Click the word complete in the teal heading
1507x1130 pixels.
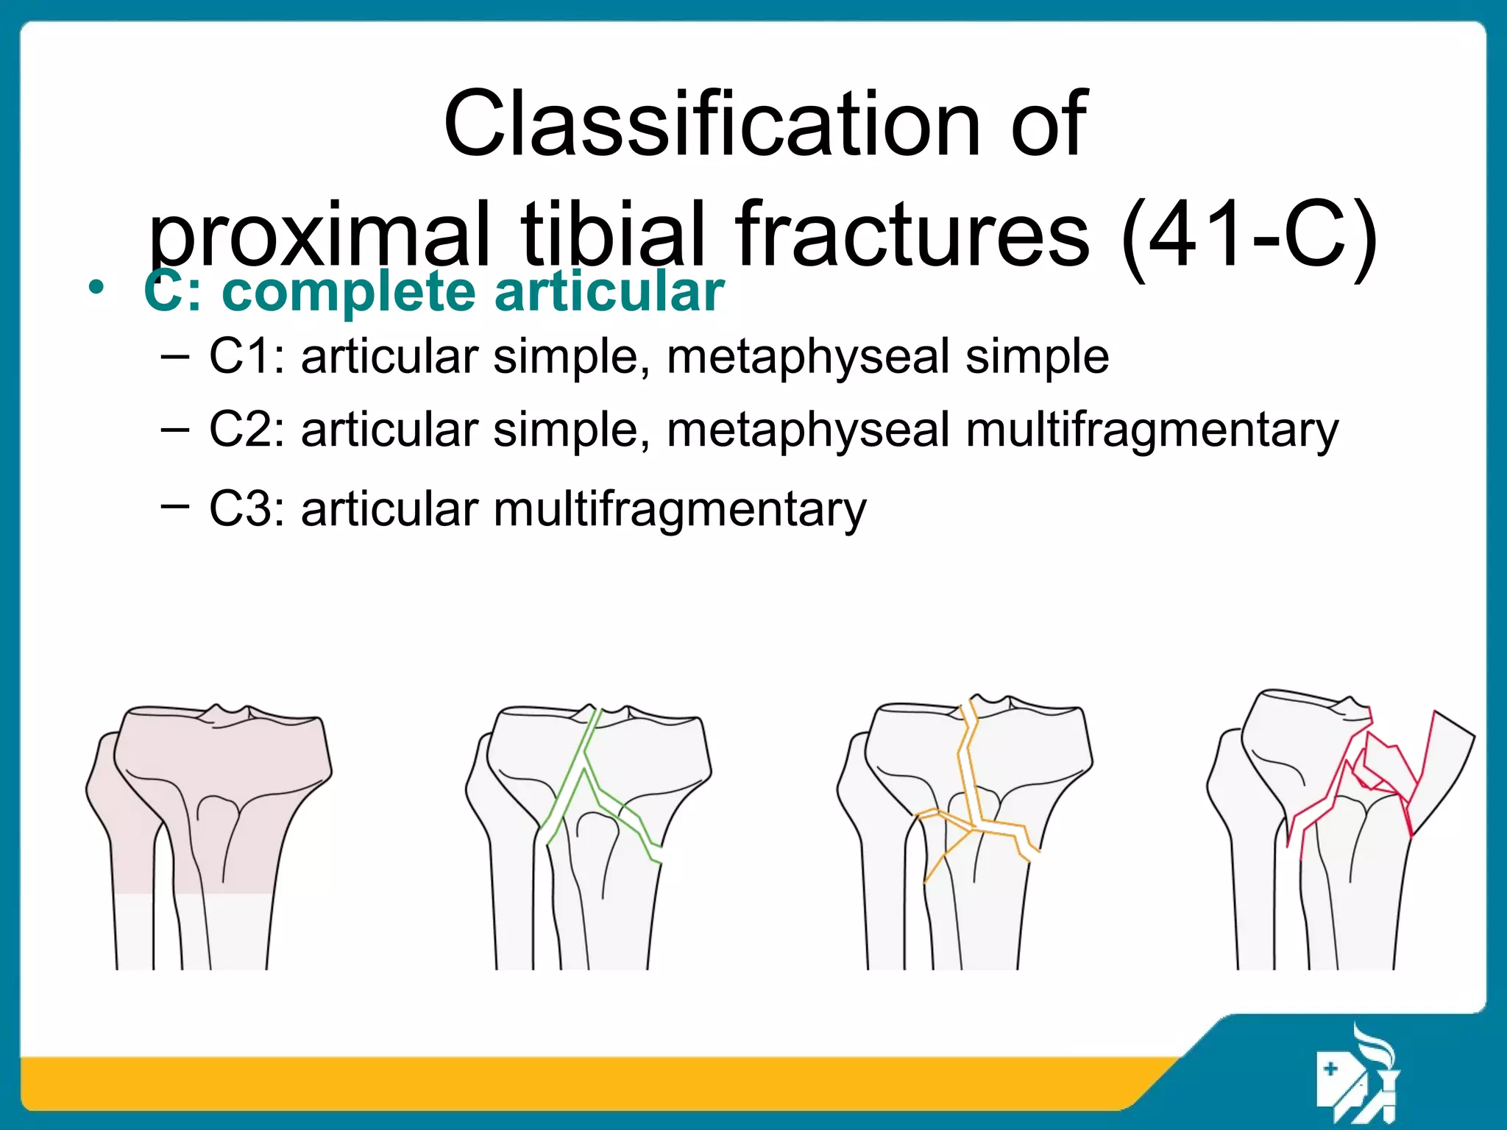click(349, 292)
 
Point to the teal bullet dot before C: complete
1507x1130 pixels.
click(96, 288)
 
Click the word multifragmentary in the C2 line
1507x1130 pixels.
click(1152, 431)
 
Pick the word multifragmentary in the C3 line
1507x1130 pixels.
click(679, 510)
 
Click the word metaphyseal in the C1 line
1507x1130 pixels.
click(808, 358)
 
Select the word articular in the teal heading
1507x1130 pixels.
click(609, 292)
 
